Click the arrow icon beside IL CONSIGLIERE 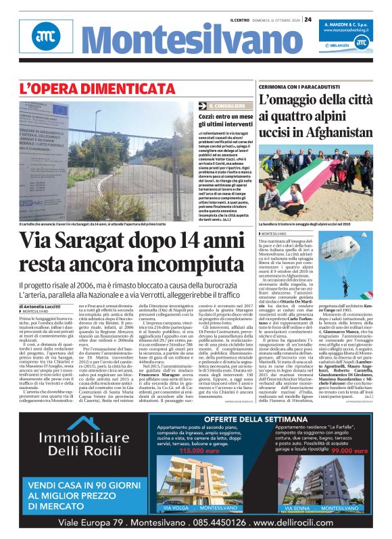coord(201,106)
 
